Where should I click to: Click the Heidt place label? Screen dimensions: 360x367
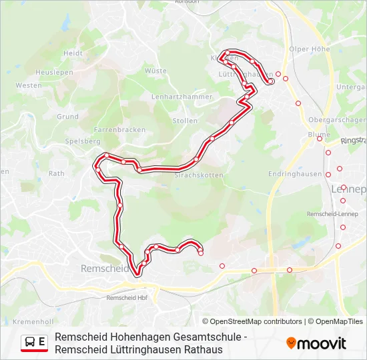(x=72, y=53)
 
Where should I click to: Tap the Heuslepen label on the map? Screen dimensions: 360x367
(x=54, y=72)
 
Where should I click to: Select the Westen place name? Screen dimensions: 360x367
(x=29, y=85)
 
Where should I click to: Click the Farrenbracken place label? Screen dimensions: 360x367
(x=115, y=129)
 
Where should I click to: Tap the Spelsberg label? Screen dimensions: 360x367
(x=83, y=141)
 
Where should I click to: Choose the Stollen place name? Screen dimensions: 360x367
(x=185, y=121)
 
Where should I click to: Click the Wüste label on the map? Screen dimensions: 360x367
(x=155, y=70)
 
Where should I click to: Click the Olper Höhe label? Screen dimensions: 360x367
(x=310, y=49)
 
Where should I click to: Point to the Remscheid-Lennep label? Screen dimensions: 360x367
(x=332, y=214)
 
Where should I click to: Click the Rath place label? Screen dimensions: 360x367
(x=56, y=173)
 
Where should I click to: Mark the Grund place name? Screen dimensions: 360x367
(x=67, y=116)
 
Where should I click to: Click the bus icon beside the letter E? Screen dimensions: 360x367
(x=30, y=343)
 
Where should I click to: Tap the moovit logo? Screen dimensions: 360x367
(x=316, y=343)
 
